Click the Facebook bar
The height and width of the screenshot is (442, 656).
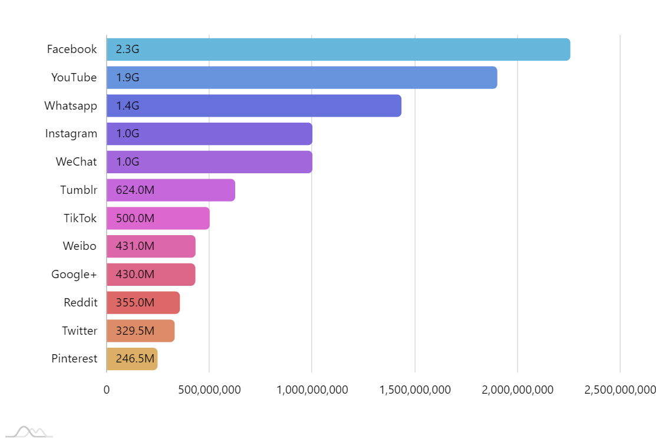point(338,50)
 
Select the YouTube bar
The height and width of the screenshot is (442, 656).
point(302,78)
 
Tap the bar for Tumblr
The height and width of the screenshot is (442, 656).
point(171,190)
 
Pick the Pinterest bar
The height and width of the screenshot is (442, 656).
point(132,359)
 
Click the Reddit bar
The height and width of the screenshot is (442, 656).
point(143,303)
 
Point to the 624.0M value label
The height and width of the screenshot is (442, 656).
point(135,190)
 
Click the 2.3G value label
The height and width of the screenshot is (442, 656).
point(127,50)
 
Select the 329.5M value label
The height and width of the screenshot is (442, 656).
point(135,331)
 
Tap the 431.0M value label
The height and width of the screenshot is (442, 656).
point(135,246)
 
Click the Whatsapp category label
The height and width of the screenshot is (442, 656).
point(71,106)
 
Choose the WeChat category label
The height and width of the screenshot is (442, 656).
point(77,162)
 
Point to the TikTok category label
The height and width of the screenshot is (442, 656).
point(80,218)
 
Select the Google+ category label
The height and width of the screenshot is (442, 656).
point(74,275)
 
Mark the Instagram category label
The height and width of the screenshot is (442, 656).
point(71,134)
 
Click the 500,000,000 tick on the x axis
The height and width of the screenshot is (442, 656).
point(209,390)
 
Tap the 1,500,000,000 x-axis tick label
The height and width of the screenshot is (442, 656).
point(415,390)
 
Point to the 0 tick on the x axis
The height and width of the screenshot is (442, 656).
point(107,390)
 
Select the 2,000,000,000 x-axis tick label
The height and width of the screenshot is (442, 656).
point(517,390)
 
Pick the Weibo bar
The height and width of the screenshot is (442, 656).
point(151,246)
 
